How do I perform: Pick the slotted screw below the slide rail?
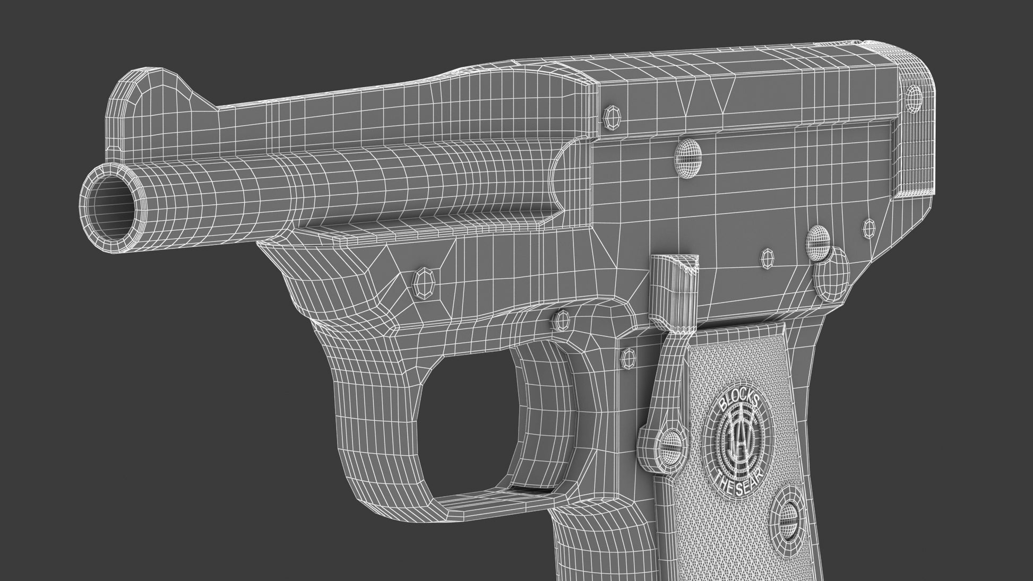688,158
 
